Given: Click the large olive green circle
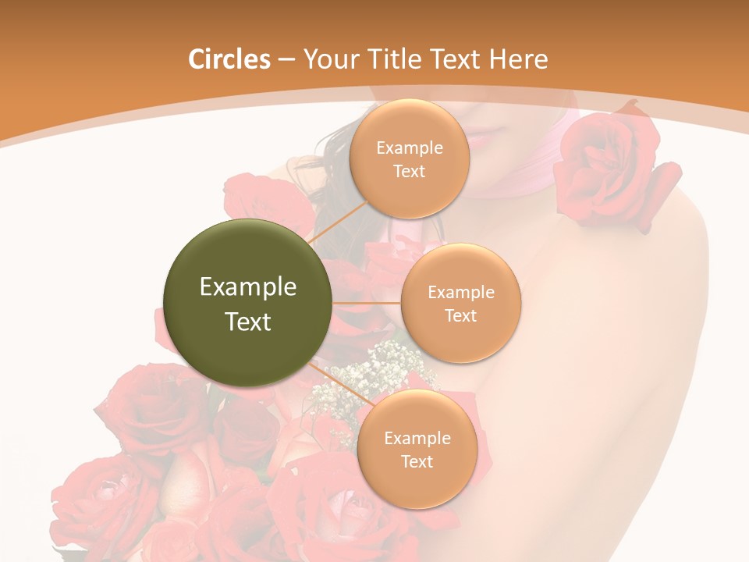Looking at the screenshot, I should coord(248,303).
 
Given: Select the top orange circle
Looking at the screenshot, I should coord(409,159).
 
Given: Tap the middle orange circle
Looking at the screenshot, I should coord(460,303).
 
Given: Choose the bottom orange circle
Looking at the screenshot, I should coord(417,449).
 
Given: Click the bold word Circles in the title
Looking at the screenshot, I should coord(229,59).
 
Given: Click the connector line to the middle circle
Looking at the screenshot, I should coord(367,302).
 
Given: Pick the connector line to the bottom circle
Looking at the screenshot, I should coord(343,383).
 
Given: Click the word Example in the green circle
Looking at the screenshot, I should coord(248,286).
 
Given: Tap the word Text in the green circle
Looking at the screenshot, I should coord(248,321).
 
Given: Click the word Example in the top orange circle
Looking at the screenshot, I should coord(410,148).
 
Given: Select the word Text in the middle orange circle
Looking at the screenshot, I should coord(460,315).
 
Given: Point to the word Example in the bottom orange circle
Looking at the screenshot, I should coord(417,438).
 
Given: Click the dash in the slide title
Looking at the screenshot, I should coord(286,60).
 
